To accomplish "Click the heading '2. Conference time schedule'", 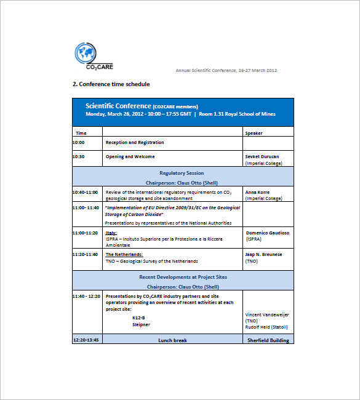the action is [111, 84].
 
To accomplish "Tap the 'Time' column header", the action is [81, 133].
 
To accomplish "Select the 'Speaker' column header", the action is [254, 133].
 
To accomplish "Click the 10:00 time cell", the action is [79, 142].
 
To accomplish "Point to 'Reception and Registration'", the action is [135, 142].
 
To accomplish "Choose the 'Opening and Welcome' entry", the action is [130, 156].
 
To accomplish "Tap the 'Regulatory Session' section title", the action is [182, 173].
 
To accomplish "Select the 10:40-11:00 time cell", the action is [85, 192].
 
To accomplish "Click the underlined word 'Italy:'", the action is [111, 233].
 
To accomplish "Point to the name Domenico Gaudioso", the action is [267, 233].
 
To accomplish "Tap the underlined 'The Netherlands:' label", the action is [124, 254].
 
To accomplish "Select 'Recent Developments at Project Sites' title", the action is [183, 277].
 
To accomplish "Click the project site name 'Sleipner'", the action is [142, 324].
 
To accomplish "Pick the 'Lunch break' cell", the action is [172, 340].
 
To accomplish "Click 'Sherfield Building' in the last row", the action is [268, 340].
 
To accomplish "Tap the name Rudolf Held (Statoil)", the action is [266, 327].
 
